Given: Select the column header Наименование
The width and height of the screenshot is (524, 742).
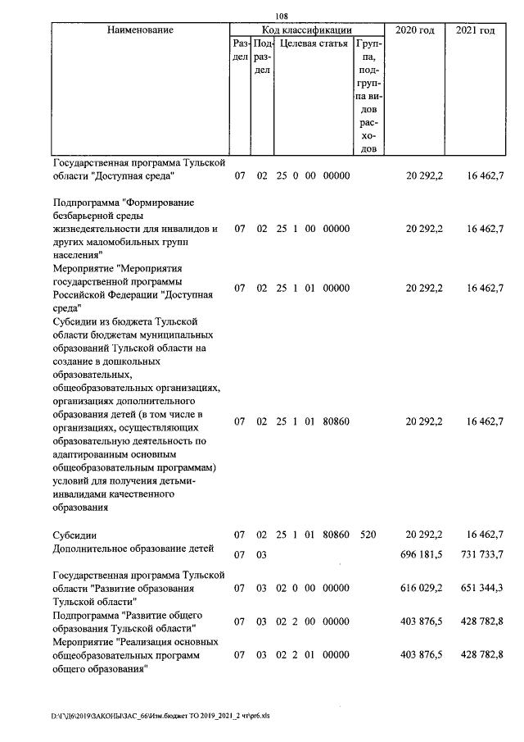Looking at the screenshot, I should (139, 30).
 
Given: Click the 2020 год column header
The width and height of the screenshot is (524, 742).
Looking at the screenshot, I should (415, 30).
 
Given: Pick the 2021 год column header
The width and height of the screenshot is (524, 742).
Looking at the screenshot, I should (475, 30).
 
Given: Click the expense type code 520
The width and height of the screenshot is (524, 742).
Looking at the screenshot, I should (368, 535).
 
